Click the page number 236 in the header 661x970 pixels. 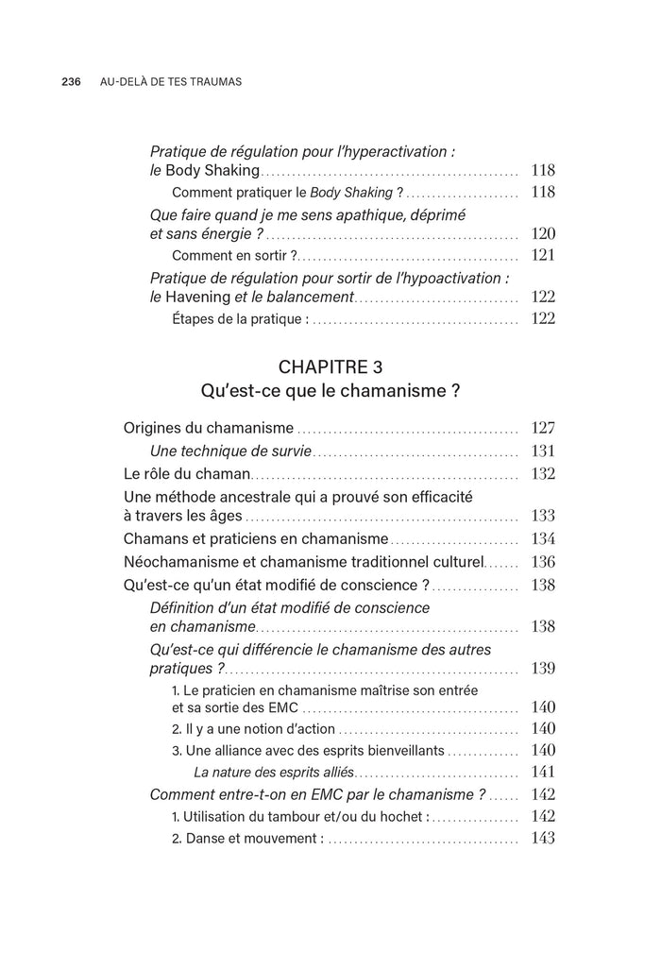[x=74, y=82]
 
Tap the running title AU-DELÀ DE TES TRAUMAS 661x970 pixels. [x=170, y=82]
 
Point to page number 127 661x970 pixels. [x=543, y=427]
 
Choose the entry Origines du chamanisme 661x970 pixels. [x=208, y=428]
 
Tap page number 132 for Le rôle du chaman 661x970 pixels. [x=543, y=474]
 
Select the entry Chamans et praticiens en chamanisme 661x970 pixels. [x=255, y=539]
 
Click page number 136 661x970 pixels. [x=543, y=562]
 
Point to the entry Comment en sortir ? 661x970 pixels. [x=234, y=255]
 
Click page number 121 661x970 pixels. [x=543, y=255]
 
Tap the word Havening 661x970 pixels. [x=196, y=297]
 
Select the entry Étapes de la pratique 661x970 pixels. [x=240, y=319]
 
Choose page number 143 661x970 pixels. [x=543, y=838]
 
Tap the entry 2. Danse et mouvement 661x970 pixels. [x=247, y=838]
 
